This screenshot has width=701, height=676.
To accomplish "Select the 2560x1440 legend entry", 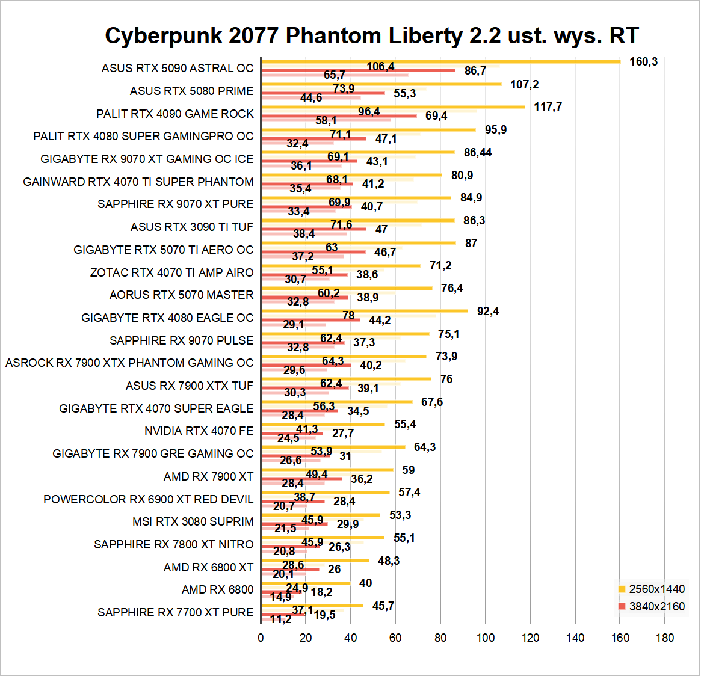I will pos(656,589).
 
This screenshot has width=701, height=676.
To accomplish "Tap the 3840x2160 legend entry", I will pos(656,606).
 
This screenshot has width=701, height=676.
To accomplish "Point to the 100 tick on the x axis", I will pos(485,638).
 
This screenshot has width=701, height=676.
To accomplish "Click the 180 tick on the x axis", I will pos(665,638).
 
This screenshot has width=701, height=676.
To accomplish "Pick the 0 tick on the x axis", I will pos(261,638).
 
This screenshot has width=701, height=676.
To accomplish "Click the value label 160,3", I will pos(643,62).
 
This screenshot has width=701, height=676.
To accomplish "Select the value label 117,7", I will pos(548,107).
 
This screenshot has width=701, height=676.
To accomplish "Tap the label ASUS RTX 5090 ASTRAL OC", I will pos(178,69).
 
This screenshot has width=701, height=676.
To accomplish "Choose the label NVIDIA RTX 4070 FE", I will pos(199,431).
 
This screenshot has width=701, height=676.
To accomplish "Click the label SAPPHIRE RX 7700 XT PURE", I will pos(176,613).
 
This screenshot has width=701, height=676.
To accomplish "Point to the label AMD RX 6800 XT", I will pos(208,567).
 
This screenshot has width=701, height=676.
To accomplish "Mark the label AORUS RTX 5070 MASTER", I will pos(181,295).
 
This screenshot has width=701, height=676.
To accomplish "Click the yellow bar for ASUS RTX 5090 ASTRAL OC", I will pos(440,61).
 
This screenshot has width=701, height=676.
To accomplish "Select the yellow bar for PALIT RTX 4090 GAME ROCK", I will pos(393,107).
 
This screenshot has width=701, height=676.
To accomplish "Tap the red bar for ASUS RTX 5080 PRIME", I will pos(323,93).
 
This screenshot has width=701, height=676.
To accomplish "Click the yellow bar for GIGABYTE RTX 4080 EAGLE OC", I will pos(364,311).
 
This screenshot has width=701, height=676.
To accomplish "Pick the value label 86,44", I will pos(478,153).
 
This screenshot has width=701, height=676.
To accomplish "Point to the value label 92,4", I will pos(488,312).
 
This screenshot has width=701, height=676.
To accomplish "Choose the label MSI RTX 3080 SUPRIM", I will pos(193,522).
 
